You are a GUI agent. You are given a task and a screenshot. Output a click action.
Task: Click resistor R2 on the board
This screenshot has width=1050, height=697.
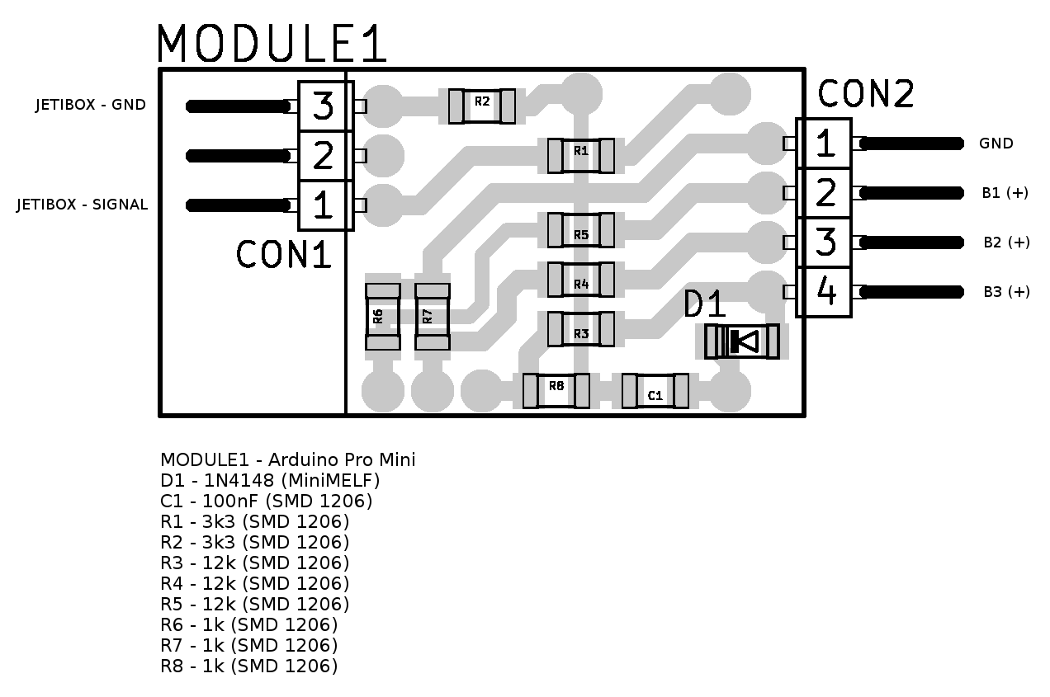click(482, 106)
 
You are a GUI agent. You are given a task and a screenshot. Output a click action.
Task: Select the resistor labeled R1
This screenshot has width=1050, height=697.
click(581, 155)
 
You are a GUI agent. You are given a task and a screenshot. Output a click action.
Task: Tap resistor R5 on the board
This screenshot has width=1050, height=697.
click(581, 229)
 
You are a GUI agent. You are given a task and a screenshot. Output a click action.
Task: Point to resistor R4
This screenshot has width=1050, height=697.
click(581, 280)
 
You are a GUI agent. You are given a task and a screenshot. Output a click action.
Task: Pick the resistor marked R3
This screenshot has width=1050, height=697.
click(581, 329)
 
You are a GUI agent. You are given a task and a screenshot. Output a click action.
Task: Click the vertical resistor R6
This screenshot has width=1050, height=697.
click(382, 317)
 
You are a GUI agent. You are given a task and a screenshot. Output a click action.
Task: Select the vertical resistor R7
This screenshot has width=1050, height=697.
click(433, 317)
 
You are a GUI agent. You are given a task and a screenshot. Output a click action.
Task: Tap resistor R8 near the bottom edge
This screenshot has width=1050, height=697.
click(556, 390)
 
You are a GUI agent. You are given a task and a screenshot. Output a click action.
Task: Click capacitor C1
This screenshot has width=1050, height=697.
click(655, 390)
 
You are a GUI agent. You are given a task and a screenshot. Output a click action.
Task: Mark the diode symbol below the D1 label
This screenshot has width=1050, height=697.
click(742, 341)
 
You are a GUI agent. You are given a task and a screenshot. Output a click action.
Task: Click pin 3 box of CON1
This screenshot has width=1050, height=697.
click(323, 106)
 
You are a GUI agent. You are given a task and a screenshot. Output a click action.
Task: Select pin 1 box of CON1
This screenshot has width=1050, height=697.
click(323, 205)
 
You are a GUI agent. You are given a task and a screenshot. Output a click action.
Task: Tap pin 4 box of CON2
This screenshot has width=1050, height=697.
click(825, 291)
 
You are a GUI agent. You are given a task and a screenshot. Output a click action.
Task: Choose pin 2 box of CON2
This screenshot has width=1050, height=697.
click(825, 193)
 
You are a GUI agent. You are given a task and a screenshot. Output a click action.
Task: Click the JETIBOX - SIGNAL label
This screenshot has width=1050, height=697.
click(83, 205)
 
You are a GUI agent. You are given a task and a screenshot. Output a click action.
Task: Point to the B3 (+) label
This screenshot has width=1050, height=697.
click(1006, 292)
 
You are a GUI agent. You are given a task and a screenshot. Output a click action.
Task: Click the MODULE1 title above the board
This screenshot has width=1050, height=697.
click(272, 45)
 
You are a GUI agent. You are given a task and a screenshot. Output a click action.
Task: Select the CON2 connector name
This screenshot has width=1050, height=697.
click(866, 94)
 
